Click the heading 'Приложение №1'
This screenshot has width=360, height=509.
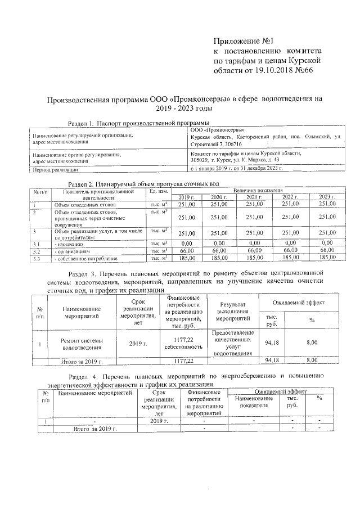pos(244,41)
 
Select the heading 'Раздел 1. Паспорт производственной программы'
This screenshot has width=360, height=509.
pos(138,123)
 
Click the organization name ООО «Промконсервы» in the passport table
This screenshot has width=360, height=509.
pos(213,130)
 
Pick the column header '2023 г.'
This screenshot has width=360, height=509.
pos(327,197)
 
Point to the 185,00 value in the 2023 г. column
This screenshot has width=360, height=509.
pos(327,258)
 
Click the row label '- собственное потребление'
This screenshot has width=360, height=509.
pos(85,258)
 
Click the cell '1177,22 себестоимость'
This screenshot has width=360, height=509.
pos(181,343)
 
